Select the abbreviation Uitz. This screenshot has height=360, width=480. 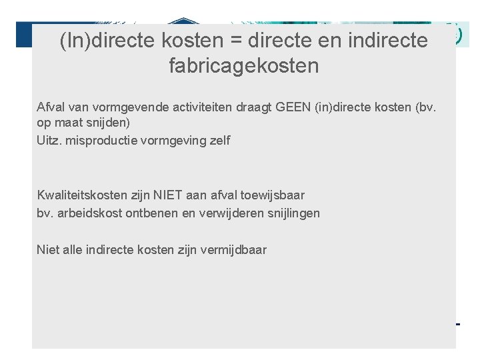[49, 141]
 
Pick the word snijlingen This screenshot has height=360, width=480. [292, 213]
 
